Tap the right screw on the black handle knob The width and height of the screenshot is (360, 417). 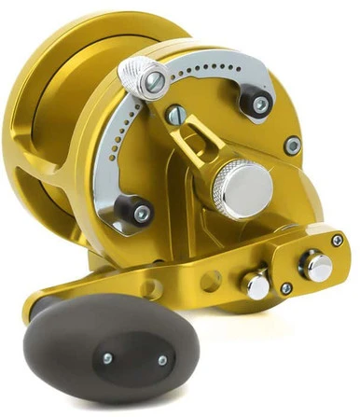(x=161, y=360)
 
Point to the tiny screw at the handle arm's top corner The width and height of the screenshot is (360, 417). (x=337, y=241)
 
